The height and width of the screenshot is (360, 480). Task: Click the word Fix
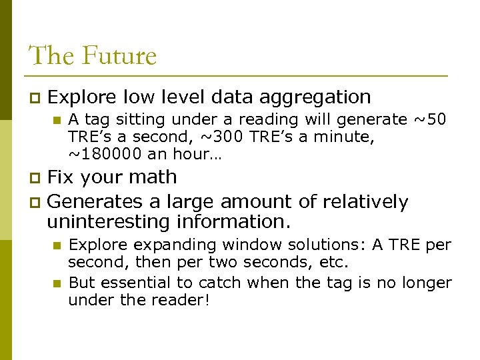61,177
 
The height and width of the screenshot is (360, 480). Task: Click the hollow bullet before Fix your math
37,178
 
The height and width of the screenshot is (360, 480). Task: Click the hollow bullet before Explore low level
37,98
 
